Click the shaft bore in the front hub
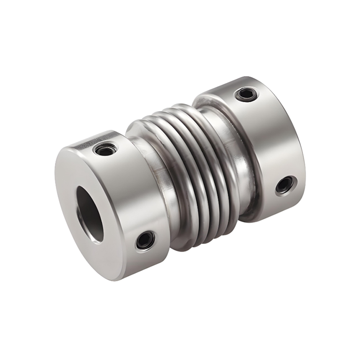point(90,214)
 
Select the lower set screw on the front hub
point(145,240)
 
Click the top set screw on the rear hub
point(246,94)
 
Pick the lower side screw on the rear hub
point(284,184)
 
